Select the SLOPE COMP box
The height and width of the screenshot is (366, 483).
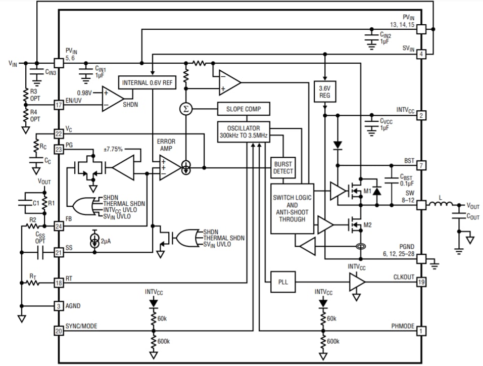pyautogui.click(x=244, y=109)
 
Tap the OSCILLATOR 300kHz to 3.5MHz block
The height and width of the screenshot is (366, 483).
pyautogui.click(x=244, y=132)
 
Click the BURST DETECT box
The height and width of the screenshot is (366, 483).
pyautogui.click(x=282, y=168)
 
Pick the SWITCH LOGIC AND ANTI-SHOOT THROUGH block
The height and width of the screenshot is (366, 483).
pyautogui.click(x=292, y=208)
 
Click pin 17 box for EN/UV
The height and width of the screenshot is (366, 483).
pyautogui.click(x=59, y=105)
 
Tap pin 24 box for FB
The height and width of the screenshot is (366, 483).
pyautogui.click(x=59, y=226)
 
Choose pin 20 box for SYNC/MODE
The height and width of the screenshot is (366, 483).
pyautogui.click(x=59, y=331)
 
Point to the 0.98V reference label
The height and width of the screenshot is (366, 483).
pyautogui.click(x=84, y=93)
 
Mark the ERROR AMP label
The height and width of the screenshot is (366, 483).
pyautogui.click(x=166, y=146)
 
